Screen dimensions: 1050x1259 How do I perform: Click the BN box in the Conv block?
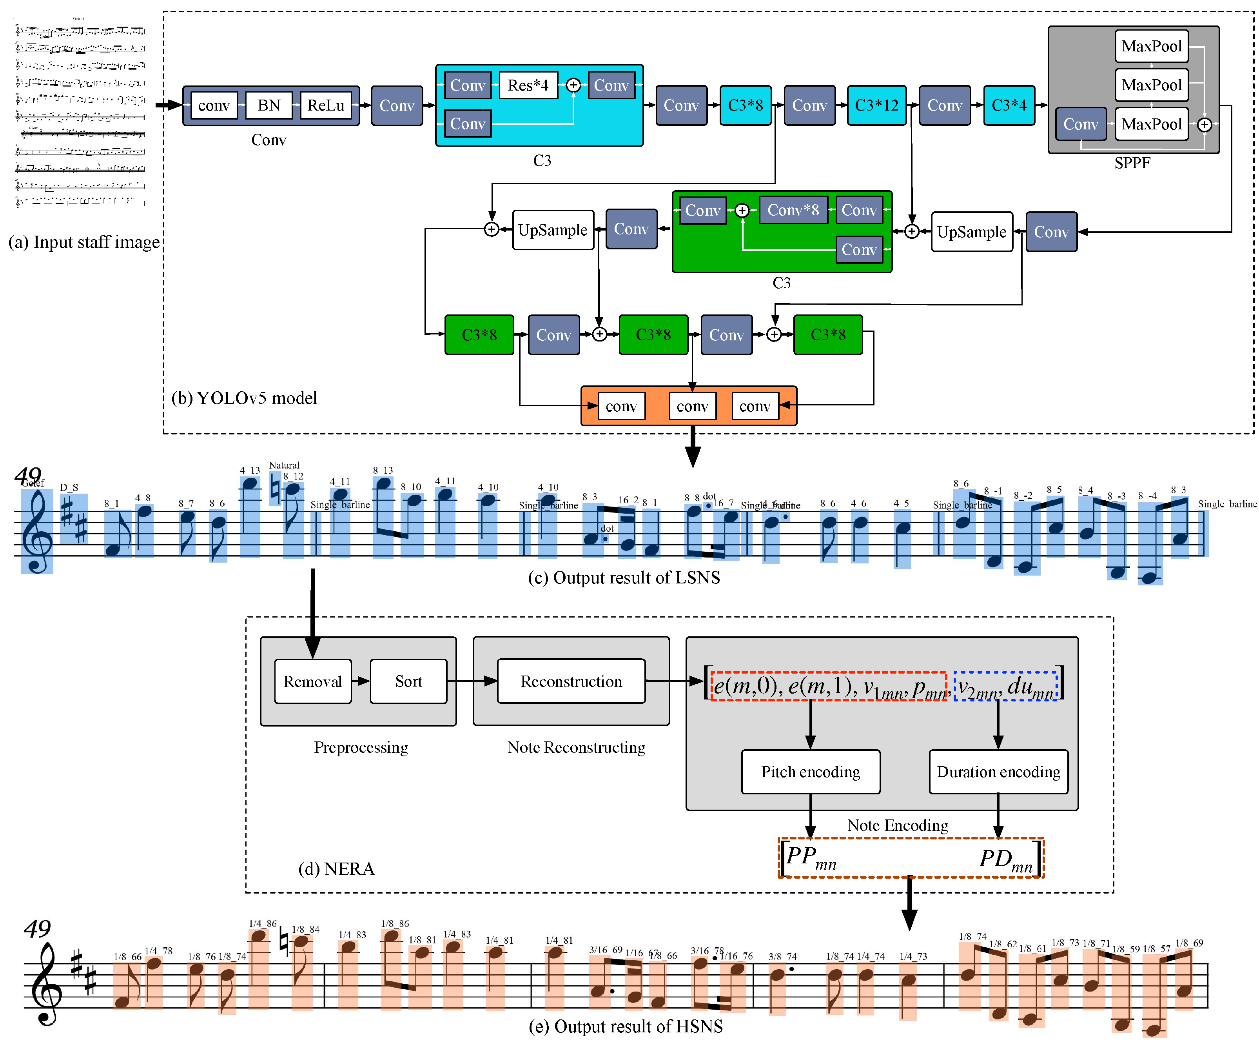coord(268,105)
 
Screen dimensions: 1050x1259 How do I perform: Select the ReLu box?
coord(326,105)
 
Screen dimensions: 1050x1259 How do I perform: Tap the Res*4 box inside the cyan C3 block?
coord(528,85)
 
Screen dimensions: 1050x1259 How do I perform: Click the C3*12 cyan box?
coord(876,105)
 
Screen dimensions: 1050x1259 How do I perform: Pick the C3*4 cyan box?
coord(1009,105)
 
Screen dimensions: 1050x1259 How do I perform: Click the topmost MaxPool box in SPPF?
coord(1151,46)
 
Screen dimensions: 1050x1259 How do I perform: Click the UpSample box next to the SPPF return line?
coord(971,232)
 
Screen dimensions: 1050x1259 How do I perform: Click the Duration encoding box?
coord(998,772)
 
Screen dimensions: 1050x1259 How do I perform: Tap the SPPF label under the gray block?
coord(1132,163)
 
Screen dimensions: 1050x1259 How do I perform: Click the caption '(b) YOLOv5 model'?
coord(244,398)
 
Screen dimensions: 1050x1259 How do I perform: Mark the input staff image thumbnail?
coord(80,114)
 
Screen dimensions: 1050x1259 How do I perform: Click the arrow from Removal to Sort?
coord(360,681)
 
